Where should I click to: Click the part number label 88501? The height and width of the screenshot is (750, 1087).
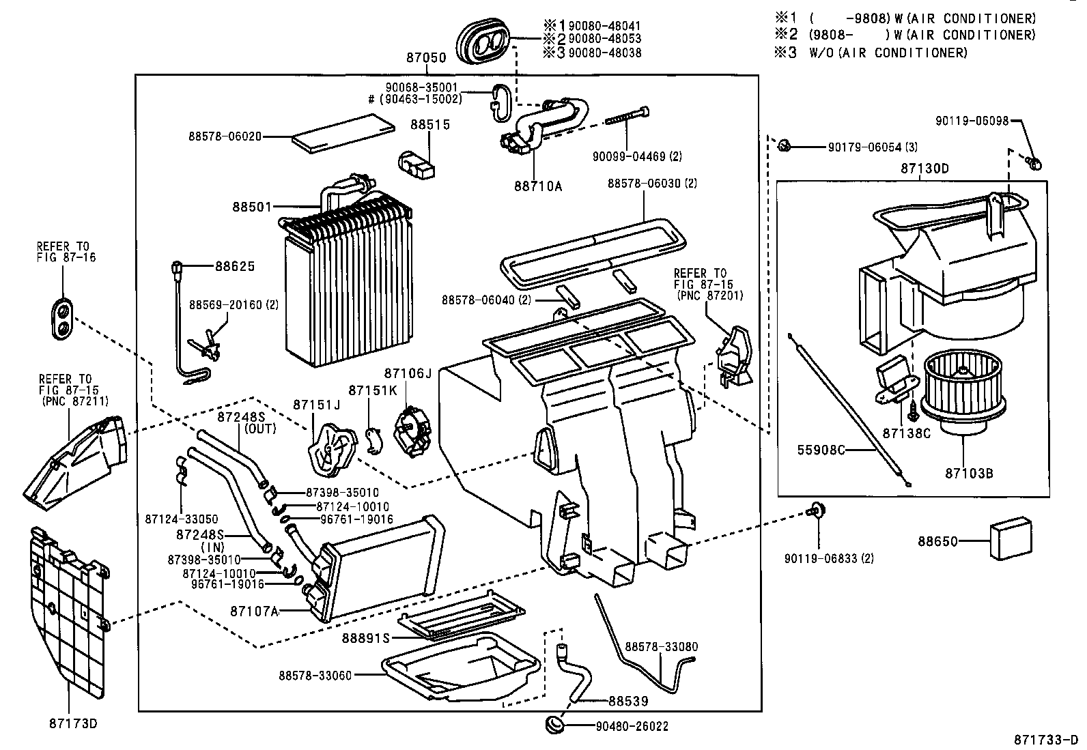point(252,205)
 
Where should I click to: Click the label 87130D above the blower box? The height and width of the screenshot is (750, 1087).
point(925,169)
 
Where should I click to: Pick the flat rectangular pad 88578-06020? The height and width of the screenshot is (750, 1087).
point(343,134)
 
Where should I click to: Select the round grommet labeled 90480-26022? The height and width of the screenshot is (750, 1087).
point(554,724)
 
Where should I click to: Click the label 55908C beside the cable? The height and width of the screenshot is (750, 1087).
point(821,450)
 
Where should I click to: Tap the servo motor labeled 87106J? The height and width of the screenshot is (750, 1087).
point(413,431)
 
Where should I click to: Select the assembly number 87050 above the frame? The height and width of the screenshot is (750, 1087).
point(426,59)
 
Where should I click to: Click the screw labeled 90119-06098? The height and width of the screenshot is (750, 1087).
point(1034,162)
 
